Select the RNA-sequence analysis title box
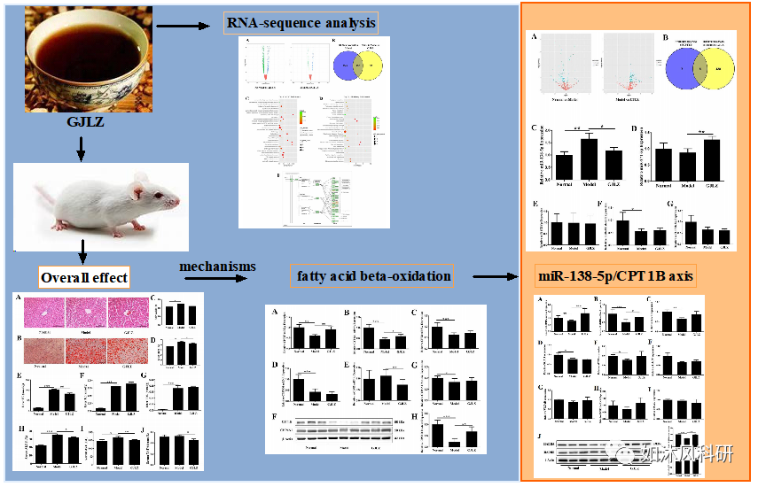tap(301, 21)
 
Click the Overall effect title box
tap(85, 277)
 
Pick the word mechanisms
tap(217, 266)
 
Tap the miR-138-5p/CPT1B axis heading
tap(617, 277)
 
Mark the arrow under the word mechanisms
tap(216, 279)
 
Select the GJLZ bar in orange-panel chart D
tap(711, 158)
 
